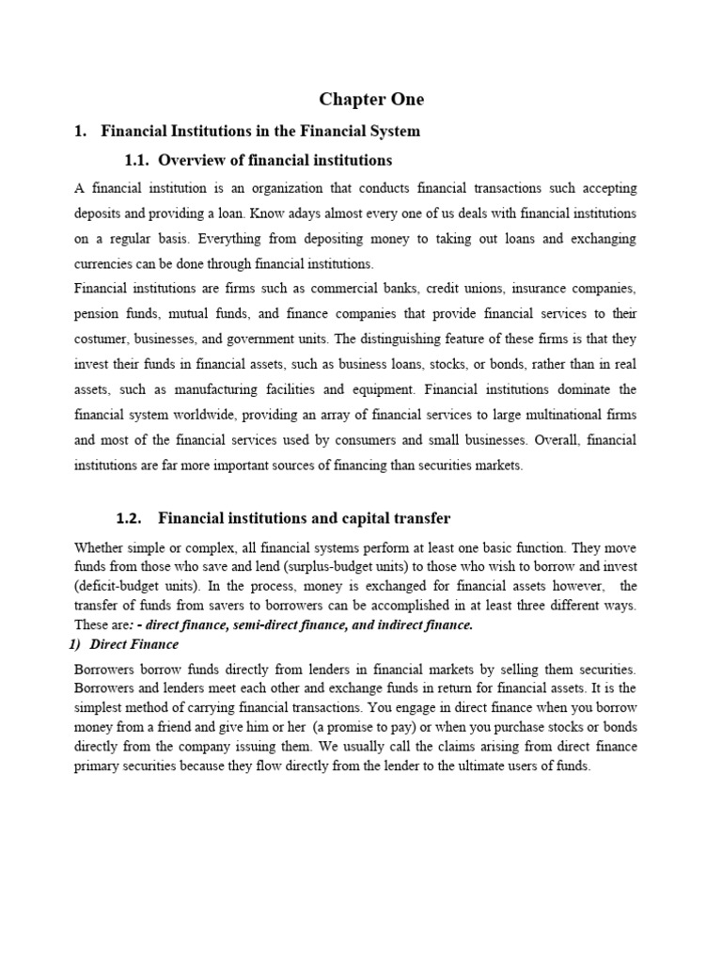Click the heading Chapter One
(371, 99)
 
